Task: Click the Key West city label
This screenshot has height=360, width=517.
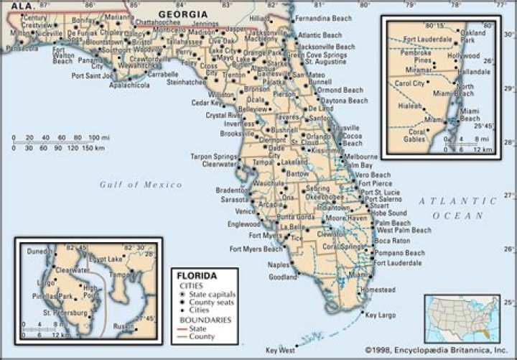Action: (x=280, y=350)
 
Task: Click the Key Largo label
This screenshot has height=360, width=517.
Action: (x=381, y=315)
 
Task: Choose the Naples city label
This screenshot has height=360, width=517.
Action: (x=279, y=264)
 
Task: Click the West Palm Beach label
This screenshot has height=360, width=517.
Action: (x=404, y=231)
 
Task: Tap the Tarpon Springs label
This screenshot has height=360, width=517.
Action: (x=213, y=156)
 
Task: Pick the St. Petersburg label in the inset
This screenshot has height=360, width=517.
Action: (x=65, y=313)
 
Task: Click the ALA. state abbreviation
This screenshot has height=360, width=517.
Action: (x=17, y=5)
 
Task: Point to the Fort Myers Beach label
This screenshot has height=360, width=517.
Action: (x=256, y=249)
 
